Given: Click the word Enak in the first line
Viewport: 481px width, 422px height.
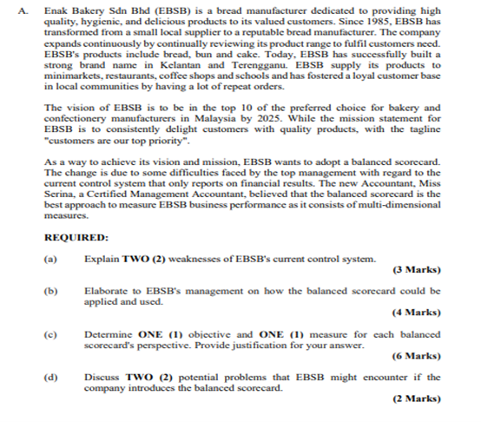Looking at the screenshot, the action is click(55, 10).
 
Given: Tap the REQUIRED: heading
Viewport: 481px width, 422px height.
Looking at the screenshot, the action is click(76, 237).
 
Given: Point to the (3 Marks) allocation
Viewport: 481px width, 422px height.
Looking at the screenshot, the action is click(416, 270).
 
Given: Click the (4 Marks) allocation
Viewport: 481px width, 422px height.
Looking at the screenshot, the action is click(416, 313).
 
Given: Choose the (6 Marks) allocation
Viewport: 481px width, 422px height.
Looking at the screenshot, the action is click(416, 356).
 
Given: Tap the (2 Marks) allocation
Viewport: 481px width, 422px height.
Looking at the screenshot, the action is click(416, 399).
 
